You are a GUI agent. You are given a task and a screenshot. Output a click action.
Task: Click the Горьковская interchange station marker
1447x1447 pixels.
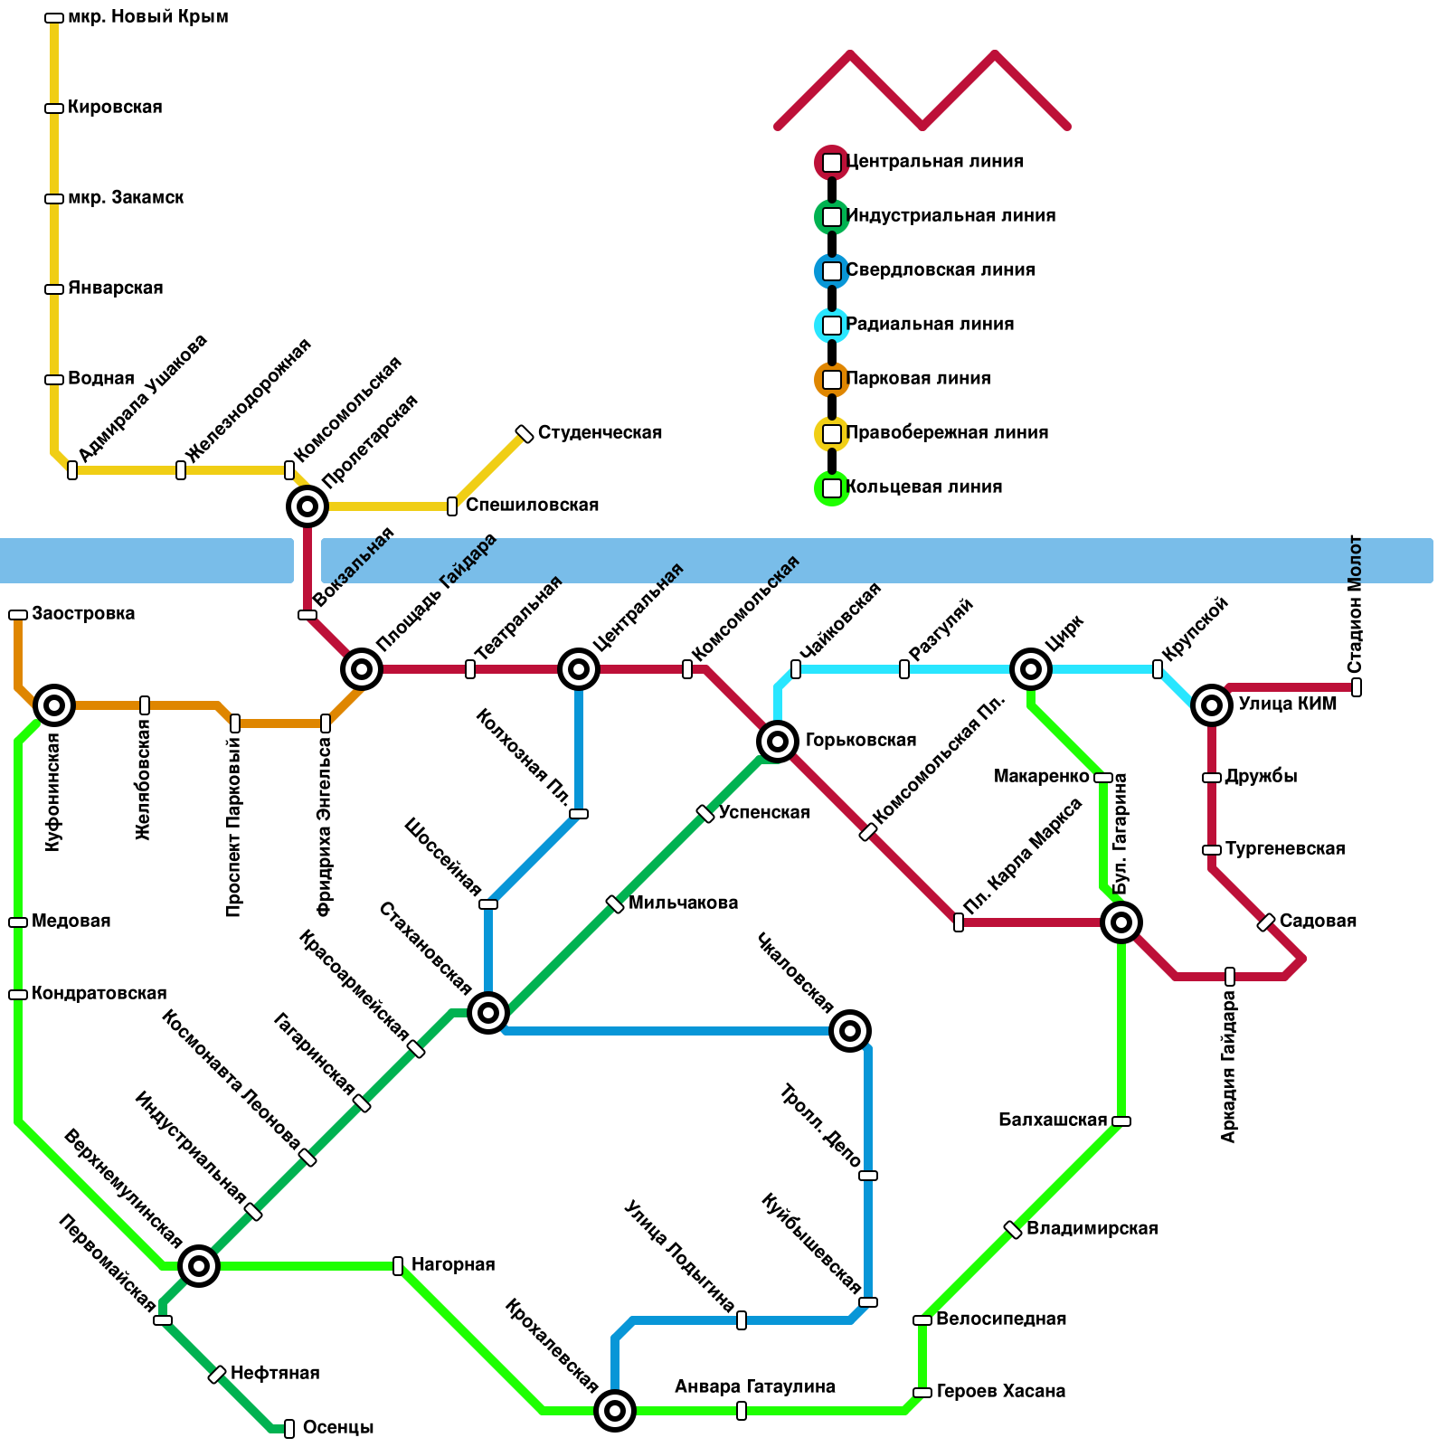click(x=777, y=742)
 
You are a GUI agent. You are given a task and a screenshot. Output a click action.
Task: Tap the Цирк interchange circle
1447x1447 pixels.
click(x=1030, y=669)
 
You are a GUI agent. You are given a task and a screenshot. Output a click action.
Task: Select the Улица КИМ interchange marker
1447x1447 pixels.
click(x=1212, y=705)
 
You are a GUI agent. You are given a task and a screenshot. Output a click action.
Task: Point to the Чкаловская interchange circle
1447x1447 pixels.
click(x=849, y=1030)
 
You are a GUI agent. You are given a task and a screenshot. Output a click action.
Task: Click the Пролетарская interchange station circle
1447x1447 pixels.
click(x=307, y=506)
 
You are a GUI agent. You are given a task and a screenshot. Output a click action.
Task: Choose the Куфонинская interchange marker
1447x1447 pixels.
click(x=54, y=705)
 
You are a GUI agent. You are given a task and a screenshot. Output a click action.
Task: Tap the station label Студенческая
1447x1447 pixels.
click(x=600, y=433)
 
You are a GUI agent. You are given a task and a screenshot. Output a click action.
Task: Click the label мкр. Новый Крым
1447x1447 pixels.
click(x=147, y=17)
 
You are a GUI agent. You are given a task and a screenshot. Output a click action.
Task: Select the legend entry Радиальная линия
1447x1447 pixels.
click(x=930, y=325)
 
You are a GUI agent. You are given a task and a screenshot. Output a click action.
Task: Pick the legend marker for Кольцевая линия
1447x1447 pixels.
click(x=832, y=488)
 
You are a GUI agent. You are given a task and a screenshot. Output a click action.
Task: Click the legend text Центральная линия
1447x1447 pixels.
click(x=934, y=162)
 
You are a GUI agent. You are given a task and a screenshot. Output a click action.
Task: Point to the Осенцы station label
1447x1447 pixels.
click(x=338, y=1428)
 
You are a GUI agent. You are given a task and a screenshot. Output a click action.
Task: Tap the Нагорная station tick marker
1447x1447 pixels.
click(x=398, y=1266)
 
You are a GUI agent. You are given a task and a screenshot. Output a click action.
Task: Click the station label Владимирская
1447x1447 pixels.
click(x=1092, y=1229)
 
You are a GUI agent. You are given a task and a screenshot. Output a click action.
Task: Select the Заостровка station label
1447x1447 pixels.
click(x=83, y=614)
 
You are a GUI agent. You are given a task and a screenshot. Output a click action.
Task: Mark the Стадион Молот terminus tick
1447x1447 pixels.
click(x=1357, y=687)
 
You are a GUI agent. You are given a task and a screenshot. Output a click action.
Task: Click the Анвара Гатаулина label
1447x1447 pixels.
click(x=755, y=1387)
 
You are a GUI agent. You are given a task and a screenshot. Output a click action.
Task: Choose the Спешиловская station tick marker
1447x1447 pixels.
click(x=452, y=506)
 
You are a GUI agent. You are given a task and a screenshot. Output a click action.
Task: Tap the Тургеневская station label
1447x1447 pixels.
click(x=1285, y=849)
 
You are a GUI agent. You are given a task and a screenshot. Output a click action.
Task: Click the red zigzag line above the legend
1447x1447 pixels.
click(x=922, y=90)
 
